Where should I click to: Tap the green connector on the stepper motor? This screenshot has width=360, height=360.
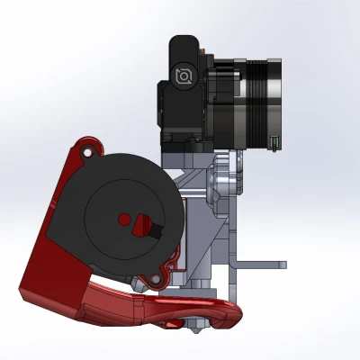273,141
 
